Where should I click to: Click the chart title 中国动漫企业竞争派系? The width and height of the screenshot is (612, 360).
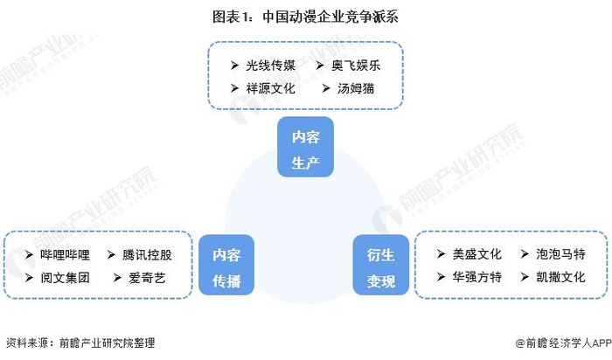[305, 17]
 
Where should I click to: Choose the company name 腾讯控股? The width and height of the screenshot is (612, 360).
[148, 255]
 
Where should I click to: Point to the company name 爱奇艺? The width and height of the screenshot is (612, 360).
[142, 278]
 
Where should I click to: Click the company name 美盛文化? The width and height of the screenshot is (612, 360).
[477, 254]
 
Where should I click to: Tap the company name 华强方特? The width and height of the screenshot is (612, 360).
[477, 277]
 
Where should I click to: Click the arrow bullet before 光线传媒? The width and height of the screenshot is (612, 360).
[234, 66]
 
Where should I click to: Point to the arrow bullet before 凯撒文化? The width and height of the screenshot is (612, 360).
[523, 277]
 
